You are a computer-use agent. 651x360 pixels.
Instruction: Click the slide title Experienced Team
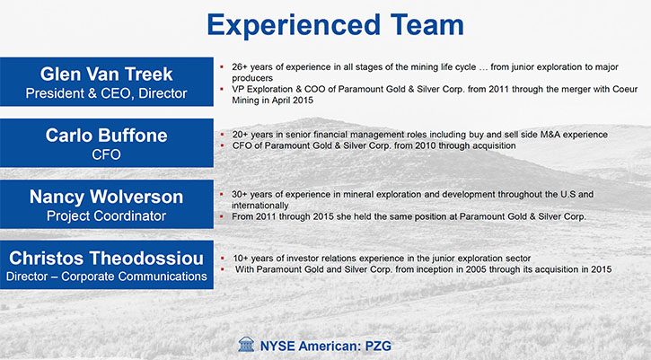(335, 25)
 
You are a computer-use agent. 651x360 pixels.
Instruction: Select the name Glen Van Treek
(106, 75)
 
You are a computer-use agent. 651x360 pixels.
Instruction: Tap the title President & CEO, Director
(106, 93)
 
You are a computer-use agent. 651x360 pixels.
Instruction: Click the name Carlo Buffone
(106, 136)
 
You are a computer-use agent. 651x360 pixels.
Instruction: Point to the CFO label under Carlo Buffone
(106, 154)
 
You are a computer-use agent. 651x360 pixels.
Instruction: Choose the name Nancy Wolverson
(106, 197)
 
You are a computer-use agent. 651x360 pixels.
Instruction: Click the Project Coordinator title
(106, 216)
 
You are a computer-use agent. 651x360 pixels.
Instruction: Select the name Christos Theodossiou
(106, 258)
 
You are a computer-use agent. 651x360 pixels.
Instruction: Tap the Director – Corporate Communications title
(106, 277)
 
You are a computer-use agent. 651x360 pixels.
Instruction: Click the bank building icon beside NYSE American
(246, 345)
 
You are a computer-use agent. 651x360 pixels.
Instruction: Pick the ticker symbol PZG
(378, 346)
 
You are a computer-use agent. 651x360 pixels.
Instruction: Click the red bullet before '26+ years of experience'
(222, 66)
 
